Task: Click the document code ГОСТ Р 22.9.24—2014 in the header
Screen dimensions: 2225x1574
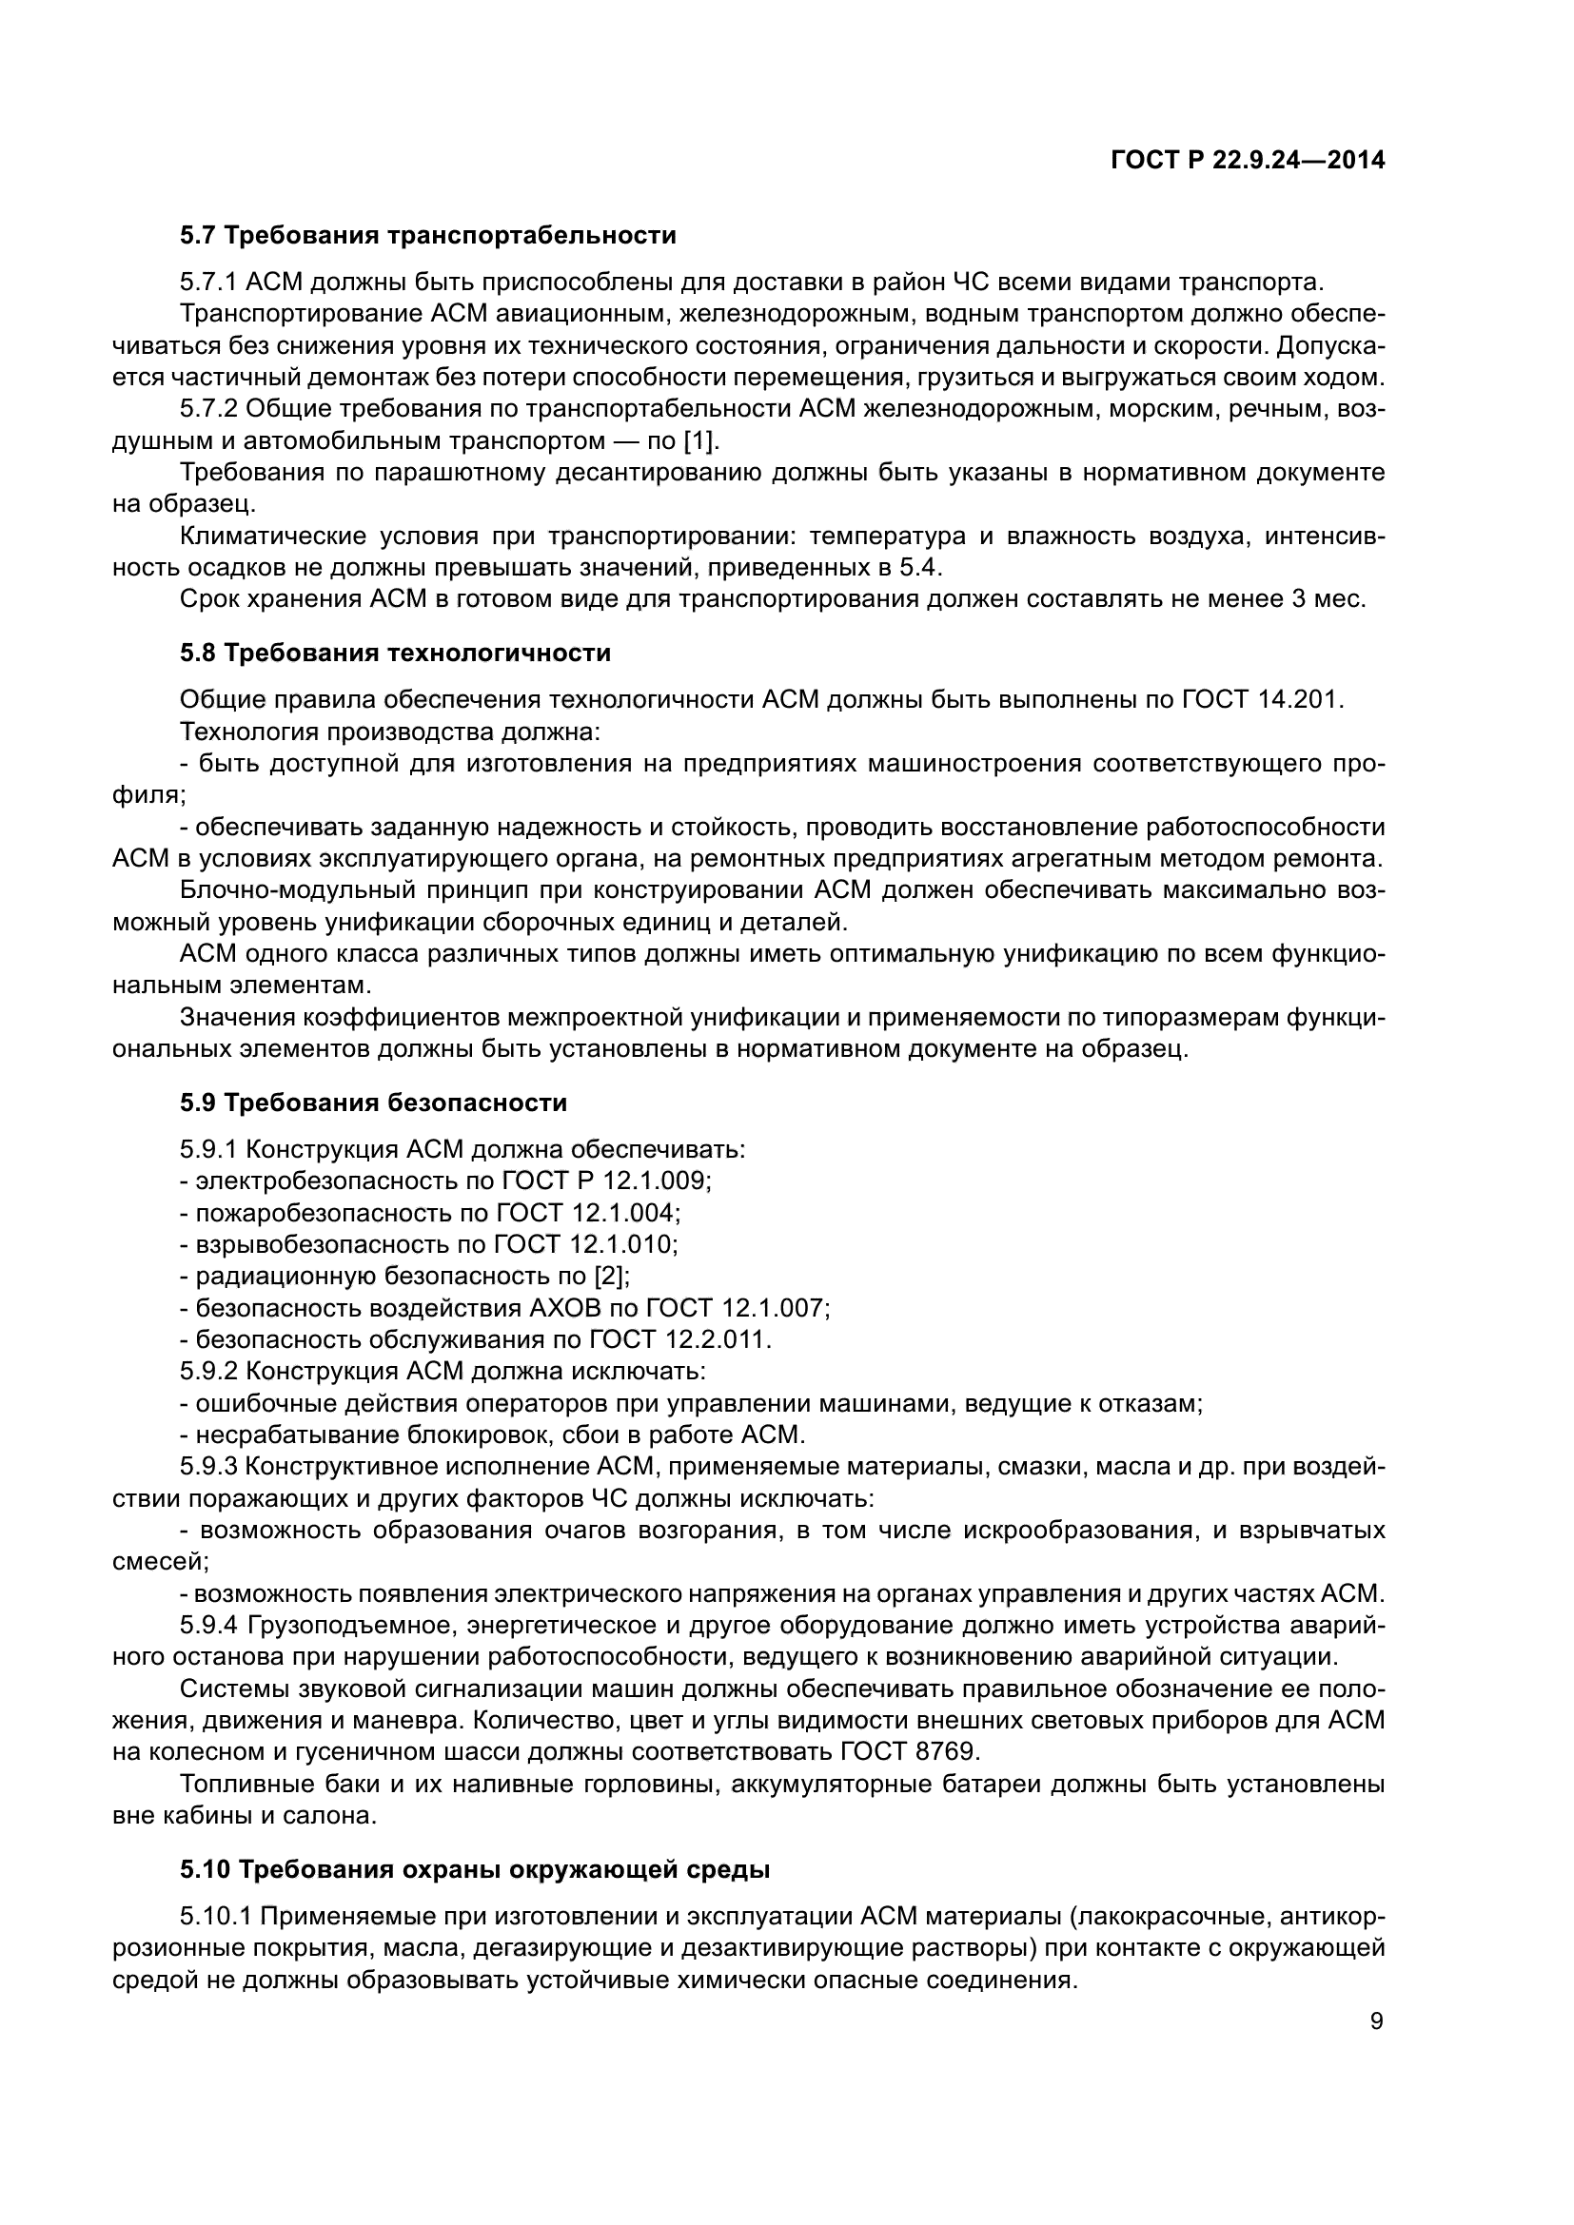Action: point(1247,161)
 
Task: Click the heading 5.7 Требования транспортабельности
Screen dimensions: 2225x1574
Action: point(427,236)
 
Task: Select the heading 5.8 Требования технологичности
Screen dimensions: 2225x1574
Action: point(395,654)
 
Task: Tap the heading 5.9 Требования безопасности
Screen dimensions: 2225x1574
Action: point(373,1103)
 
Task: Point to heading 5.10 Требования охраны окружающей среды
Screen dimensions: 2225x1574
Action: point(475,1870)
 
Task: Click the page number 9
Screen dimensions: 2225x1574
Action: point(1376,2021)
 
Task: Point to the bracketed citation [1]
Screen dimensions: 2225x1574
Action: point(700,442)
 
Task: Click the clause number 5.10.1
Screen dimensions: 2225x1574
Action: point(216,1917)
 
